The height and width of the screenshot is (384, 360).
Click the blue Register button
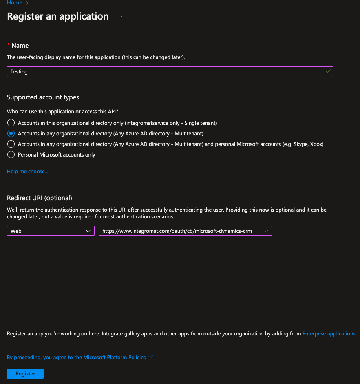click(25, 374)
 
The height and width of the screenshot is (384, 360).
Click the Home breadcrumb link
click(15, 3)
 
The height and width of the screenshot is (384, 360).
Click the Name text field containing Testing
click(163, 71)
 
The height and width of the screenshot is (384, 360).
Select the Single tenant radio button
click(11, 123)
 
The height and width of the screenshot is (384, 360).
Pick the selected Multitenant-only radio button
click(11, 133)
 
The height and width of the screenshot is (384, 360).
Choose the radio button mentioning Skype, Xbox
click(11, 144)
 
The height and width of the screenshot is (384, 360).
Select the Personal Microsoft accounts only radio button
click(11, 154)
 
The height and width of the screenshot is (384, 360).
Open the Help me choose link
click(27, 172)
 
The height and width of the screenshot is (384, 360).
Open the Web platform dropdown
click(51, 231)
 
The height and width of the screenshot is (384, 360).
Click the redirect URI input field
click(179, 231)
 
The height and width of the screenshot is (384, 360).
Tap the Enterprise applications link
click(329, 334)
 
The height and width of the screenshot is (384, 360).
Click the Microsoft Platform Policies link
click(76, 358)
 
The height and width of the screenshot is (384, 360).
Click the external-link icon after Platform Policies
click(150, 358)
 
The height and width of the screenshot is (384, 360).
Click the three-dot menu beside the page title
click(121, 17)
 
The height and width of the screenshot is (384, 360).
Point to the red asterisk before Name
click(8, 44)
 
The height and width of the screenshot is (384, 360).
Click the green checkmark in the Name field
click(328, 71)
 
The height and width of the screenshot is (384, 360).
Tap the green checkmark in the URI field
click(267, 231)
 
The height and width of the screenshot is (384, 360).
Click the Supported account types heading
click(43, 97)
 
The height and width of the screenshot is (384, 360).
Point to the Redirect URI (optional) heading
click(40, 198)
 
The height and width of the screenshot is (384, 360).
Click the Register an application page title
click(58, 17)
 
